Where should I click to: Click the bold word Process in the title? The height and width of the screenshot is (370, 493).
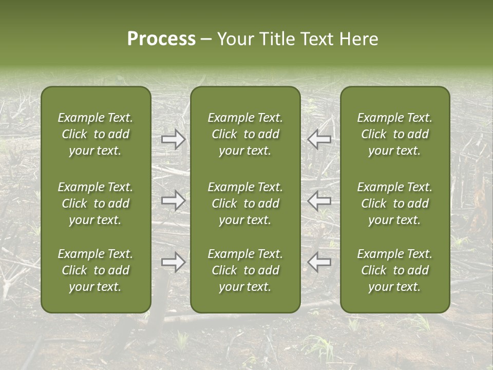(x=161, y=39)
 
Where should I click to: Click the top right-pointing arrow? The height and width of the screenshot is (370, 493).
(x=174, y=139)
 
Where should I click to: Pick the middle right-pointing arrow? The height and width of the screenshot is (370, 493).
(x=174, y=200)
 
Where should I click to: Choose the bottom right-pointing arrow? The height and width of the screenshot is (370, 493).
(x=174, y=262)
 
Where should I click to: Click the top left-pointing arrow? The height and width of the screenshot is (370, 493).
(x=319, y=139)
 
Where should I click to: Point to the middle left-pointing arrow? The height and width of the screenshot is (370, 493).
(x=319, y=200)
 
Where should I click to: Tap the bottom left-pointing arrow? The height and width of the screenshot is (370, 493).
(x=319, y=262)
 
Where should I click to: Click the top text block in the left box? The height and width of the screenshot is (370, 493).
(x=96, y=134)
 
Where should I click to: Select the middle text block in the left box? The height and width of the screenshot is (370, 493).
(x=96, y=203)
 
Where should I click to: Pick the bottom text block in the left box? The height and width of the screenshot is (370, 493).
(x=96, y=270)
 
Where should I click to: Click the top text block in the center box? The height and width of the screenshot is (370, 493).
(x=245, y=134)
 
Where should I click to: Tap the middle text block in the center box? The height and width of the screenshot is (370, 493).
(x=245, y=203)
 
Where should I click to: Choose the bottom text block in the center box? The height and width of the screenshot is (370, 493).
(x=245, y=270)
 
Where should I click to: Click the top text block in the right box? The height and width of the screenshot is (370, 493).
(x=395, y=134)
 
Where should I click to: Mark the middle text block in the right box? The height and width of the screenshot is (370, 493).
(x=395, y=203)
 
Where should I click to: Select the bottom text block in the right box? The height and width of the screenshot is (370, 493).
(x=395, y=270)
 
